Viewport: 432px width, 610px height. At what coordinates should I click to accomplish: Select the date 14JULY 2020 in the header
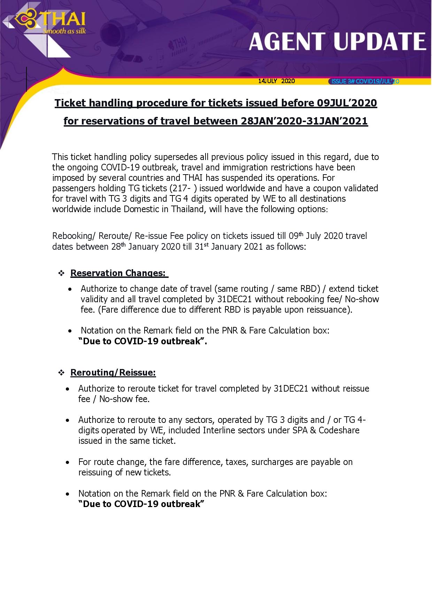276,81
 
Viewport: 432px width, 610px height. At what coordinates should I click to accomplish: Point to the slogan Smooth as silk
64,31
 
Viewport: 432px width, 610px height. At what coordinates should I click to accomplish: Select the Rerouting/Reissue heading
113,372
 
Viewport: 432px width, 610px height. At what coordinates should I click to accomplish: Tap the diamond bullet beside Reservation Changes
61,273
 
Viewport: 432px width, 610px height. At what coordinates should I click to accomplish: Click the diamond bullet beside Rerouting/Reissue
61,373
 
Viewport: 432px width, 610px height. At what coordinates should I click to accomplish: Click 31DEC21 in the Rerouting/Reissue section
291,388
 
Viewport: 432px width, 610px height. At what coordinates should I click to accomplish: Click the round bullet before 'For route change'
68,462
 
